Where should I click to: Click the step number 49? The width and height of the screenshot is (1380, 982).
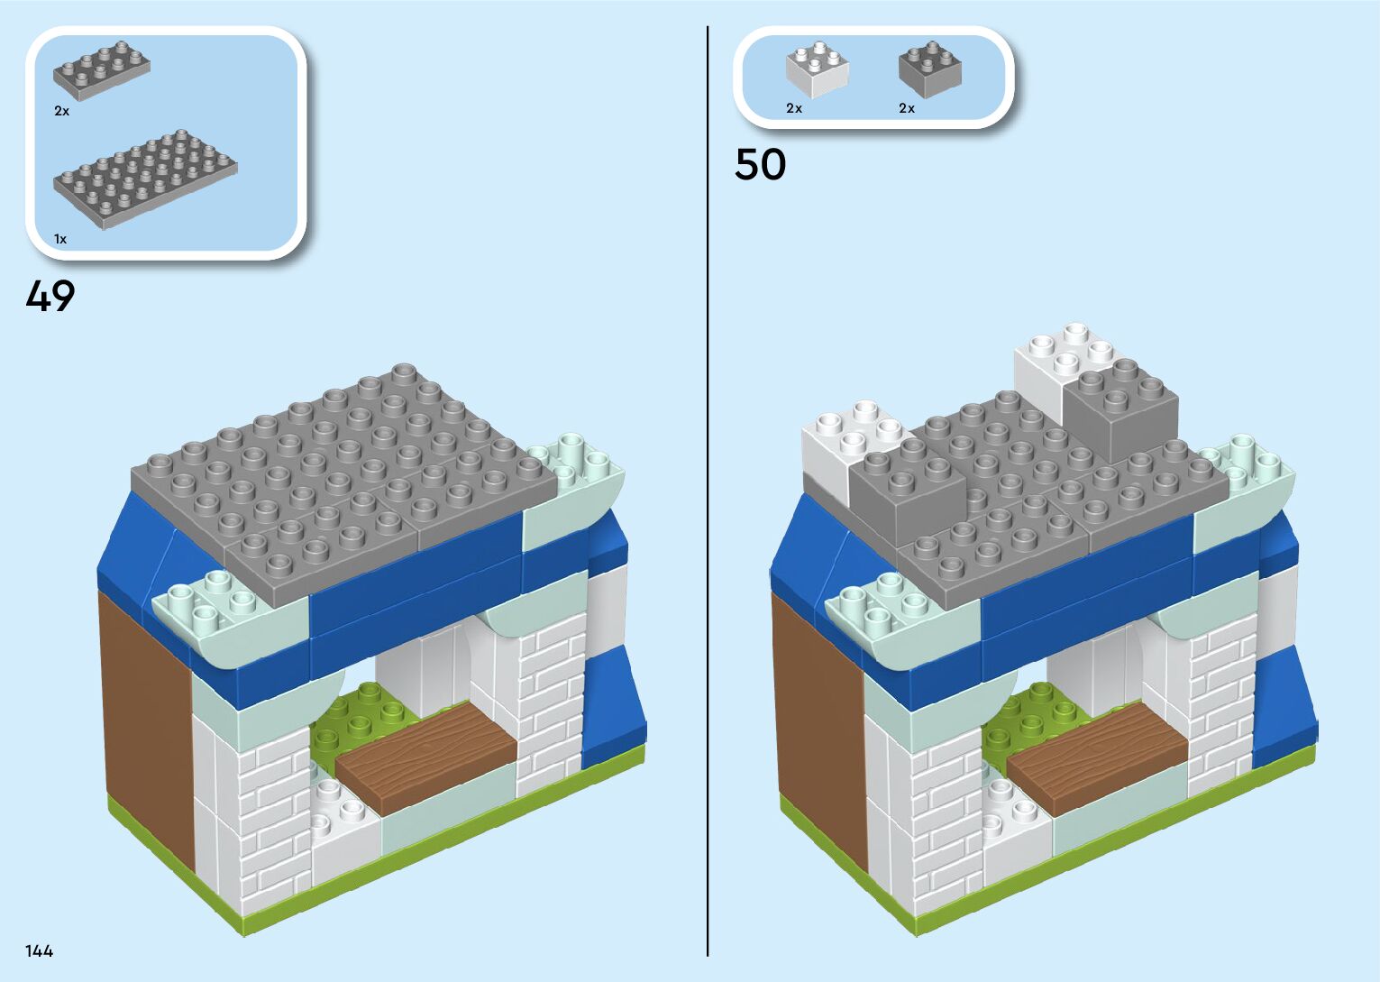click(50, 296)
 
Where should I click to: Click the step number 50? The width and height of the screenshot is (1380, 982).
click(760, 164)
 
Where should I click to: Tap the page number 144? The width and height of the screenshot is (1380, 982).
click(40, 950)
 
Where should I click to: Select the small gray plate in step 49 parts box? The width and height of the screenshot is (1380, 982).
click(101, 66)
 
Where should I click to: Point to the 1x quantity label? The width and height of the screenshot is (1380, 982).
click(60, 239)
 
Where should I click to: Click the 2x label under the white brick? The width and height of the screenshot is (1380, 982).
click(793, 108)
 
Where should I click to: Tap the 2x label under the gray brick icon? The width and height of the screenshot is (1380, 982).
click(906, 108)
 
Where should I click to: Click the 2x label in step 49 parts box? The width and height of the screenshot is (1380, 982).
click(61, 111)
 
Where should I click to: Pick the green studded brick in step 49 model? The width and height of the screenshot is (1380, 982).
click(361, 717)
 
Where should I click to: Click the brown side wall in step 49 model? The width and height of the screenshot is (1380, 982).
click(144, 721)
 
